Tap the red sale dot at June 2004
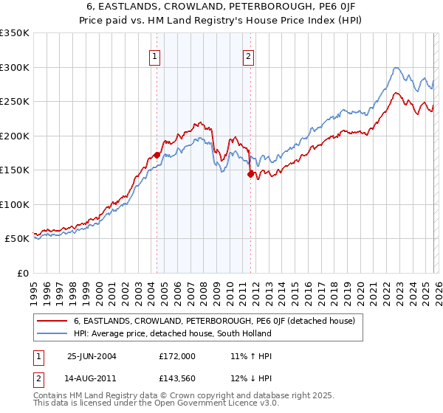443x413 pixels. click(157, 155)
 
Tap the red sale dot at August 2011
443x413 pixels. click(250, 174)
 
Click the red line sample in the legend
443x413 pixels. click(52, 321)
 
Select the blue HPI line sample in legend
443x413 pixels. click(52, 333)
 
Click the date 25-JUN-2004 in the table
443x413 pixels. click(92, 355)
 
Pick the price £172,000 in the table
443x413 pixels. click(177, 355)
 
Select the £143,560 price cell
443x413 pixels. click(177, 381)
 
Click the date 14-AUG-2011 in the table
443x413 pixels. click(92, 381)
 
